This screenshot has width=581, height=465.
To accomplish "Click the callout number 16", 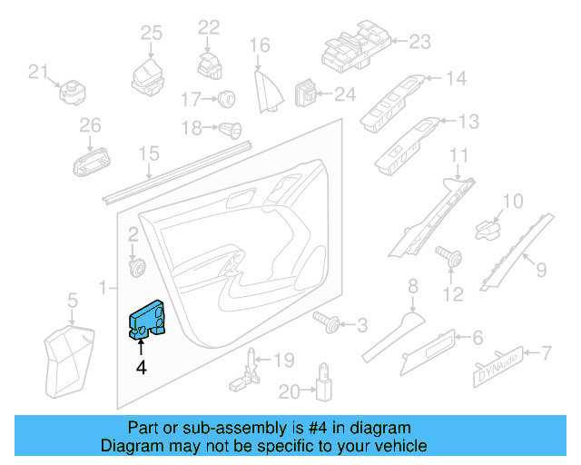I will coord(261,45).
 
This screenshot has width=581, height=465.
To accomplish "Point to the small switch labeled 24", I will coord(310,93).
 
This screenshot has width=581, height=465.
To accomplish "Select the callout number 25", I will coord(151,33).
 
